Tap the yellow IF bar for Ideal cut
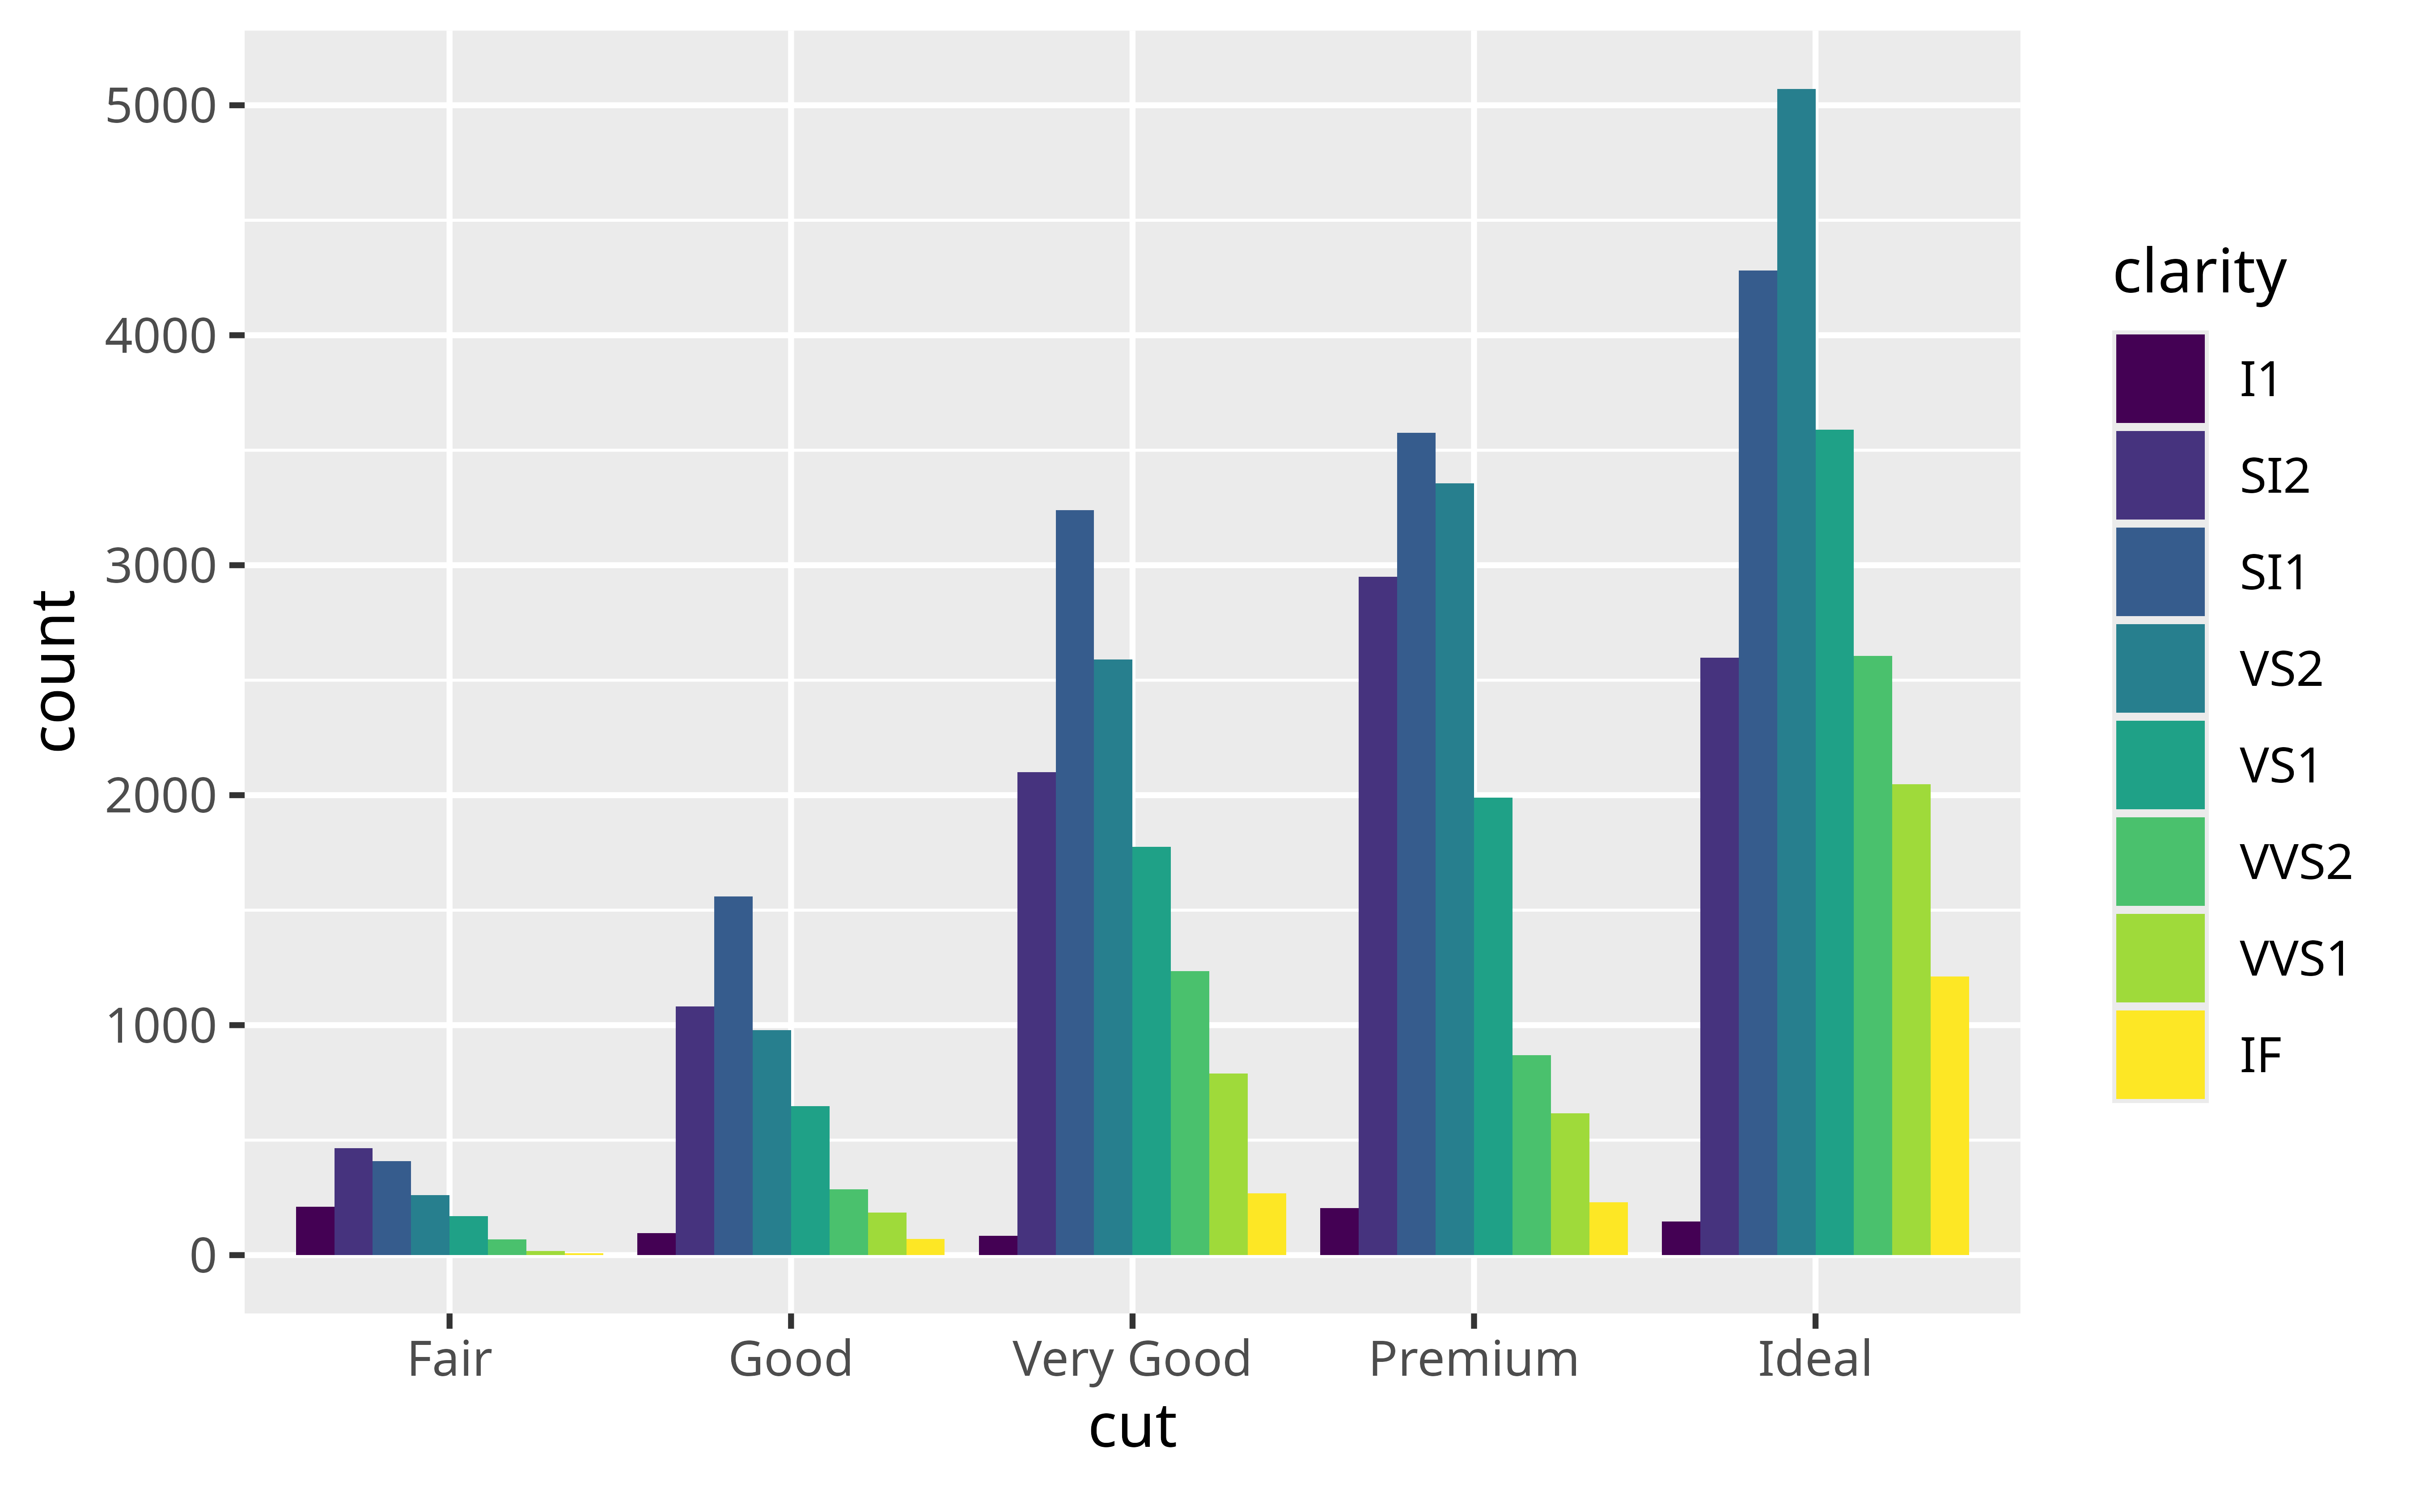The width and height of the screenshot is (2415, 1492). pos(1949,1115)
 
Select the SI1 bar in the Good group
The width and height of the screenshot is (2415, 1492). pos(733,1076)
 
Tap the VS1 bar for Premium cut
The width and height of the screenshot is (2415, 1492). pos(1492,1026)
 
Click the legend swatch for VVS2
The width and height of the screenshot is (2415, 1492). pos(2159,861)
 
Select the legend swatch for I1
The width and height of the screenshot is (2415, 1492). pos(2159,378)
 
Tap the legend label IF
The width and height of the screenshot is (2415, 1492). pos(2260,1055)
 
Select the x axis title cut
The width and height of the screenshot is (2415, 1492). pos(1132,1427)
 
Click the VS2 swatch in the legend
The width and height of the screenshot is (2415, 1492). pos(2159,668)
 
